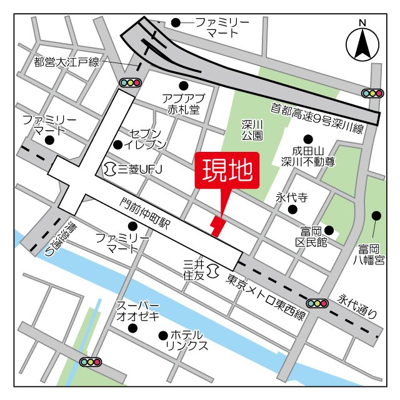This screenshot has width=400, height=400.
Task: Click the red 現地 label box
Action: tap(226, 169)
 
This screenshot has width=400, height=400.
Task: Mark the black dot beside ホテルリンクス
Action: tap(163, 336)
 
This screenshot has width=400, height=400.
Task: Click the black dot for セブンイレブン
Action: tap(117, 145)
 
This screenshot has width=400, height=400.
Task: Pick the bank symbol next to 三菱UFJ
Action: tap(110, 168)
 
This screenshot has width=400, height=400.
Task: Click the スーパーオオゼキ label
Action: tap(138, 311)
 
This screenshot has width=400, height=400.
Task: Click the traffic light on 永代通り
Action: tap(317, 303)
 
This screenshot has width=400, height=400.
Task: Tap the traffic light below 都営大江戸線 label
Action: tap(131, 82)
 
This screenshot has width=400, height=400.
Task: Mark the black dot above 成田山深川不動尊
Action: tap(307, 139)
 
